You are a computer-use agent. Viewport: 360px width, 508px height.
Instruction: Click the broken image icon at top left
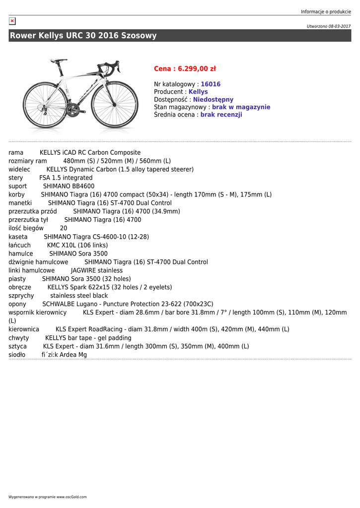[12, 21]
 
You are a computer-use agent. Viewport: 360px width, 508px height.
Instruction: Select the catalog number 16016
[211, 84]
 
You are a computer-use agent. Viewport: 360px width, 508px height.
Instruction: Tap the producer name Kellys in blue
[198, 92]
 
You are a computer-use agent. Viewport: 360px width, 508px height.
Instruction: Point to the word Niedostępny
[213, 100]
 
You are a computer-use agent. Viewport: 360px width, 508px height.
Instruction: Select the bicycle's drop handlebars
[113, 66]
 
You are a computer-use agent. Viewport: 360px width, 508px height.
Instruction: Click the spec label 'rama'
[16, 153]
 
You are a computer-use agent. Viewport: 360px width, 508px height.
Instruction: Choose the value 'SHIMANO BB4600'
[69, 186]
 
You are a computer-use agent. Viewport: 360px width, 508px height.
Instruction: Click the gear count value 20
[64, 228]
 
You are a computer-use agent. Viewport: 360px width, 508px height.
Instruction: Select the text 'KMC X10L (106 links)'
[77, 245]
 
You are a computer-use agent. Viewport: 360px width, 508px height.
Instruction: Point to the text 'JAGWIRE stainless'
[97, 270]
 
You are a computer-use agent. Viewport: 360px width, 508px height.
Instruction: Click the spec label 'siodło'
[17, 355]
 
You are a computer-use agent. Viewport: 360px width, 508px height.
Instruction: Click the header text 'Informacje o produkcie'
[326, 11]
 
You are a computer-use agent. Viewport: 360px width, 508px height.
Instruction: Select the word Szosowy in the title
[139, 36]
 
